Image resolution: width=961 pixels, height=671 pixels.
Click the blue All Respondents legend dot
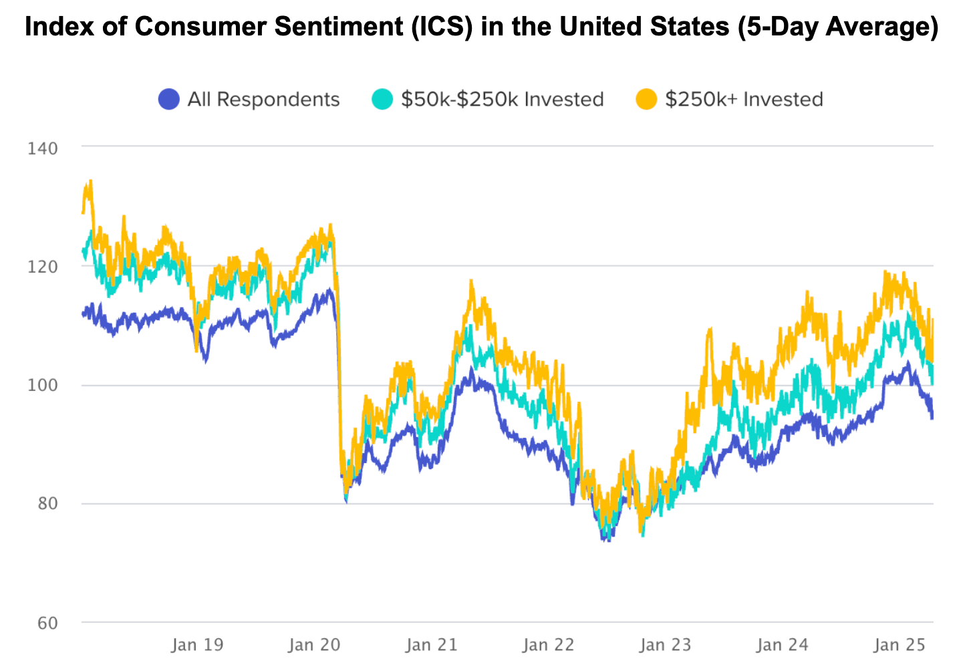pos(169,100)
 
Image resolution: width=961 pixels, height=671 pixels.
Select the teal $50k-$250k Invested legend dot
pos(382,100)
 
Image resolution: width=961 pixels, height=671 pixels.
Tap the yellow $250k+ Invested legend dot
pos(646,100)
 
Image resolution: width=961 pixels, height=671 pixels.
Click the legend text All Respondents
pos(263,100)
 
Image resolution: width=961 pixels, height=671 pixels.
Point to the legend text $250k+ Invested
pos(744,100)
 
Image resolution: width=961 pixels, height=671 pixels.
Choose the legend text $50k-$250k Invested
pos(502,100)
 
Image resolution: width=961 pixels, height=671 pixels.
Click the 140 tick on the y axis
pos(42,148)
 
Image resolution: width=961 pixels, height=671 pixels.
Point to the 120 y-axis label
pos(42,267)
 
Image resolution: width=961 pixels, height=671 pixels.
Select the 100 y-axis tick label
pos(42,386)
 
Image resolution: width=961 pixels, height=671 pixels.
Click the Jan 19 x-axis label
pos(197,645)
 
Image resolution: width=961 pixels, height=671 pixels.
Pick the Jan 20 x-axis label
pos(314,645)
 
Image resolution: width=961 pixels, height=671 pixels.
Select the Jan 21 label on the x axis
pos(431,645)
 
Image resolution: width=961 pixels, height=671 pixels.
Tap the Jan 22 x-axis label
pos(548,645)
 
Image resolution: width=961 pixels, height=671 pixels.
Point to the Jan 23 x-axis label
pos(665,645)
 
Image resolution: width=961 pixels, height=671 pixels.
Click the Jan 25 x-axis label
pos(900,645)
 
